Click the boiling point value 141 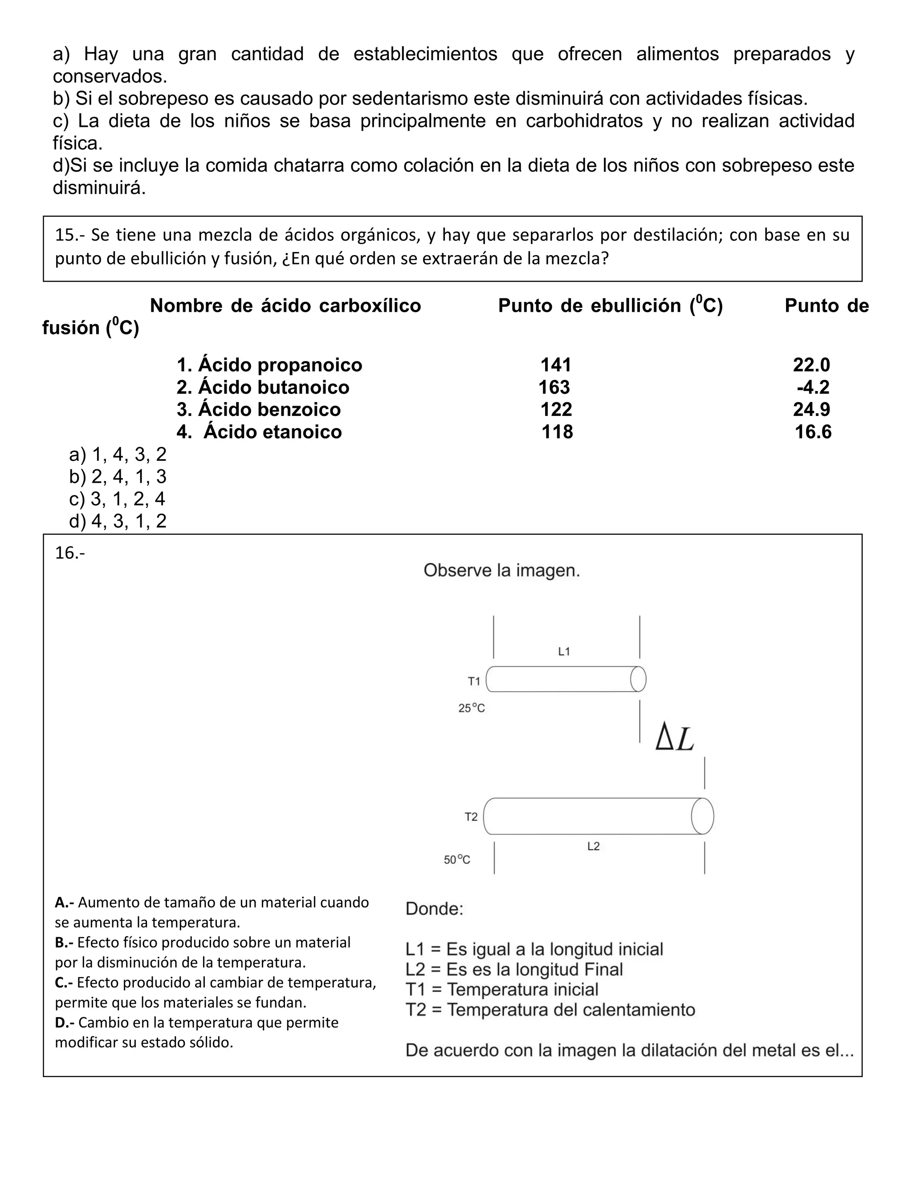point(556,365)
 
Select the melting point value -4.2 point(813,387)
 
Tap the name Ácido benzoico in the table point(259,410)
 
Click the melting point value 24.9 point(811,410)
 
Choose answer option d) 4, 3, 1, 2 point(118,521)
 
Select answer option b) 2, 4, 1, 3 point(118,476)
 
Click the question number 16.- point(70,553)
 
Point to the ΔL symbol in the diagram point(674,739)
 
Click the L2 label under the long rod point(593,846)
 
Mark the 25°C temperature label point(472,708)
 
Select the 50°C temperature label point(457,859)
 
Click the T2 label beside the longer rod point(471,817)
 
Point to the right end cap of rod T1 point(638,679)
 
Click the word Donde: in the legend point(434,908)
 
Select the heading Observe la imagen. point(501,570)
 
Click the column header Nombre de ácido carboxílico point(285,306)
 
